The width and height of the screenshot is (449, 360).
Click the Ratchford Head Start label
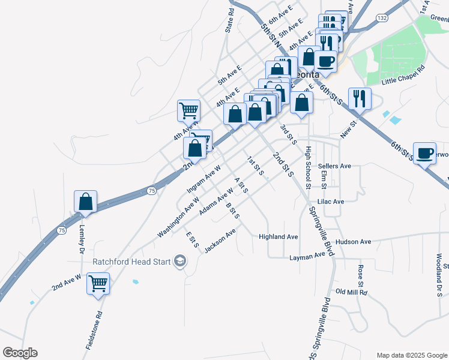[131, 262]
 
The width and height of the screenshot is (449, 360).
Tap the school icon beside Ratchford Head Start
[179, 261]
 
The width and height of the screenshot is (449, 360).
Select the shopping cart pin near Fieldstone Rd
[98, 283]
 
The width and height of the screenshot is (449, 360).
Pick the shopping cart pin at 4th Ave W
[188, 111]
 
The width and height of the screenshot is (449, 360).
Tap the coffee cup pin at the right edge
[425, 154]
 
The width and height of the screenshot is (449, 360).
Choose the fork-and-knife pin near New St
[360, 98]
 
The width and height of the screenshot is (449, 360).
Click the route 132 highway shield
[382, 19]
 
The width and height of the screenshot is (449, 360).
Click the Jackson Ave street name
[220, 241]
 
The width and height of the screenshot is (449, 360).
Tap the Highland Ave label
[279, 237]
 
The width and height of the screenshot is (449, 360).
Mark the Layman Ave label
[312, 256]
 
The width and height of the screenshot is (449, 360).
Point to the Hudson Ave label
[354, 242]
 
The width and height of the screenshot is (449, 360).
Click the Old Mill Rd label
[351, 292]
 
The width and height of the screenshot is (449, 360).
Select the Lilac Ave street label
[331, 202]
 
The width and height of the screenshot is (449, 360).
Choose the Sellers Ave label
[334, 166]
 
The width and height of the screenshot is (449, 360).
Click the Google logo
[20, 353]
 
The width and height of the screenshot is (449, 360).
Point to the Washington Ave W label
[178, 217]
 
